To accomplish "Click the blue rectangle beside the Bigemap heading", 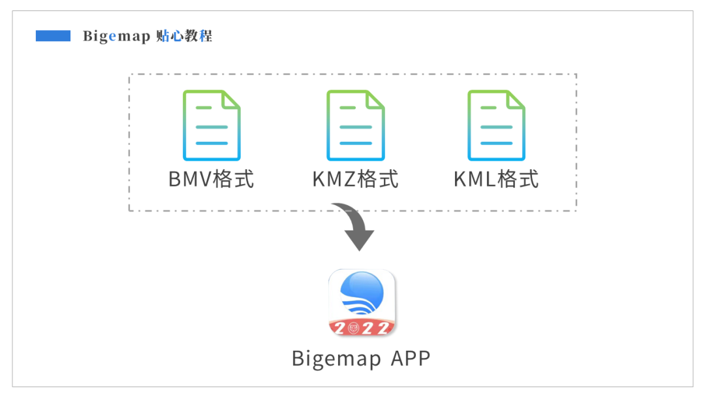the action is [53, 36].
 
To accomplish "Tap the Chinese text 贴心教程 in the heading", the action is [184, 36].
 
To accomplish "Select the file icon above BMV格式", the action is [211, 125].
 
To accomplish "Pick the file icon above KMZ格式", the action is [356, 125].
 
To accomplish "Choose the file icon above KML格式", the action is [496, 125].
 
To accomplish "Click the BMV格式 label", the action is [211, 179].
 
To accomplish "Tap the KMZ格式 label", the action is [355, 179].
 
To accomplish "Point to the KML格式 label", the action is [496, 179].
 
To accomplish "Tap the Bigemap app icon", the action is [362, 302].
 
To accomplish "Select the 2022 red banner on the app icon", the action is [362, 328].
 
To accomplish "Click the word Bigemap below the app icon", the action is [336, 359].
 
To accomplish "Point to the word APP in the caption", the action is [411, 358].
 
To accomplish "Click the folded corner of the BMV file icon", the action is [231, 100].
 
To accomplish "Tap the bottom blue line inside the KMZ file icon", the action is [356, 143].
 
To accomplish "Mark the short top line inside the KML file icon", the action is [488, 108].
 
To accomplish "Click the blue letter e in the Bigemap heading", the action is [112, 37].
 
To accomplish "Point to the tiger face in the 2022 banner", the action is [353, 328].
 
